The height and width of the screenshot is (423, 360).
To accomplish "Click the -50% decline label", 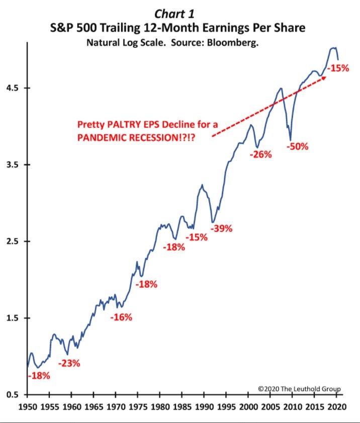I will [297, 147].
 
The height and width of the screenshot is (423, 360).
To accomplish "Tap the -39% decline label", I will [221, 229].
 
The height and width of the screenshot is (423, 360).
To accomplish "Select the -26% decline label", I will [260, 154].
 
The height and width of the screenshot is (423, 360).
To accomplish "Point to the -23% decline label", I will [69, 363].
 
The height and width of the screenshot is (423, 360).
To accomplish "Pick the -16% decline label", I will [121, 317].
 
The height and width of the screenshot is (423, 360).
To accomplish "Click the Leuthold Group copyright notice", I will [299, 388].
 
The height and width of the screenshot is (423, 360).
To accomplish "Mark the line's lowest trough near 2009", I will [291, 140].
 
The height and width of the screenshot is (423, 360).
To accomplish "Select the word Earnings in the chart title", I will [217, 28].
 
